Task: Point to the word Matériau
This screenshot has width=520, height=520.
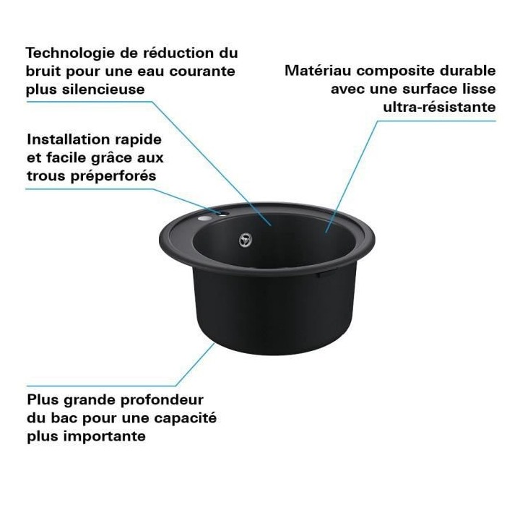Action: [x=318, y=71]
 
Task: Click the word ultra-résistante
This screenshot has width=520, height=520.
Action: [x=440, y=108]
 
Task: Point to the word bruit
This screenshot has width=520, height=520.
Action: [x=45, y=71]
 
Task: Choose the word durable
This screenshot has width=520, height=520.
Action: [x=469, y=71]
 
